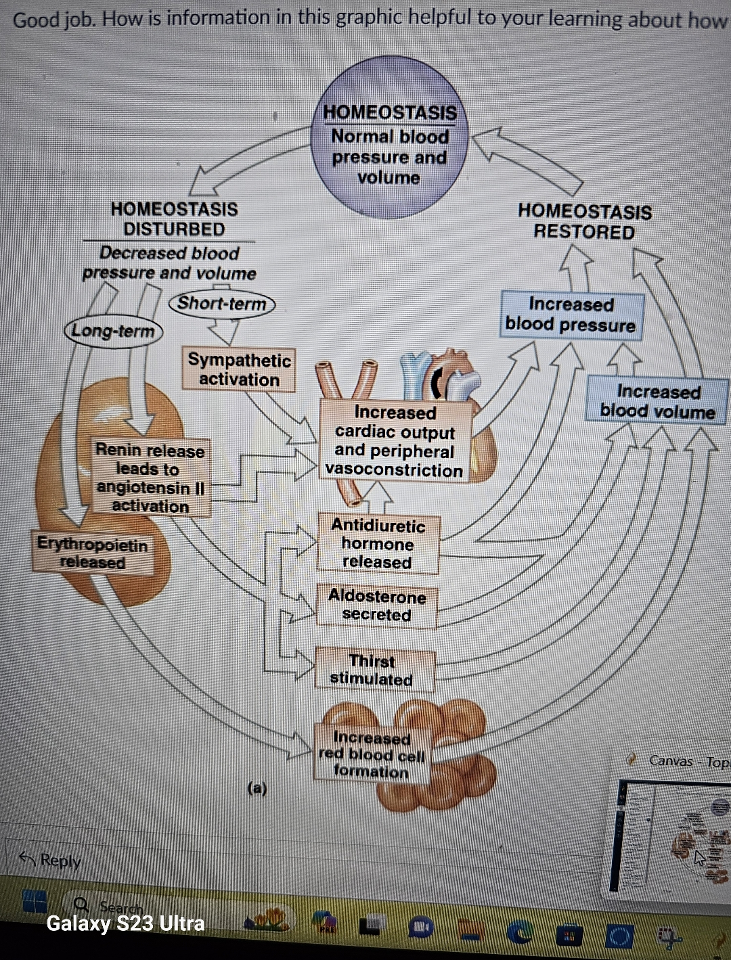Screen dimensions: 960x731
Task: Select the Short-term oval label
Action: coord(222,303)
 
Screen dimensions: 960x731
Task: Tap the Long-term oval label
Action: coord(113,331)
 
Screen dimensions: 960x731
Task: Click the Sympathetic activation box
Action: coord(239,369)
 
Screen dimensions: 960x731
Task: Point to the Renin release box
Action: coord(150,478)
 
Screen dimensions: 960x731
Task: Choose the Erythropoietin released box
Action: coord(92,553)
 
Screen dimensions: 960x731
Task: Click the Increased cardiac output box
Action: coord(395,441)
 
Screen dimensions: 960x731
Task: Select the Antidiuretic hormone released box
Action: coord(378,544)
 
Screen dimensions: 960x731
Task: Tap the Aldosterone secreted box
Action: coord(377,605)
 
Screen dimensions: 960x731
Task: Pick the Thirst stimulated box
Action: coord(372,670)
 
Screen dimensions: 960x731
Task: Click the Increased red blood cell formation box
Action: coord(372,754)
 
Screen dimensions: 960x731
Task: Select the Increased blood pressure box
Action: coord(571,315)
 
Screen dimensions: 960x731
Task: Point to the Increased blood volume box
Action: coord(657,401)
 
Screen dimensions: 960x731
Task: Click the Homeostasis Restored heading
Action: coord(584,221)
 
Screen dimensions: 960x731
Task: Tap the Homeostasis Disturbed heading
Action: coord(174,219)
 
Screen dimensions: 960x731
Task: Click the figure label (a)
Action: coord(257,788)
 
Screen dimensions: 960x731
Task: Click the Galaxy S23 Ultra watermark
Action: coord(125,923)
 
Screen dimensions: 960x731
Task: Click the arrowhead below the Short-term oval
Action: coord(223,332)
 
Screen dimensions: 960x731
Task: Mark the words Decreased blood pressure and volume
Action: coord(169,263)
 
